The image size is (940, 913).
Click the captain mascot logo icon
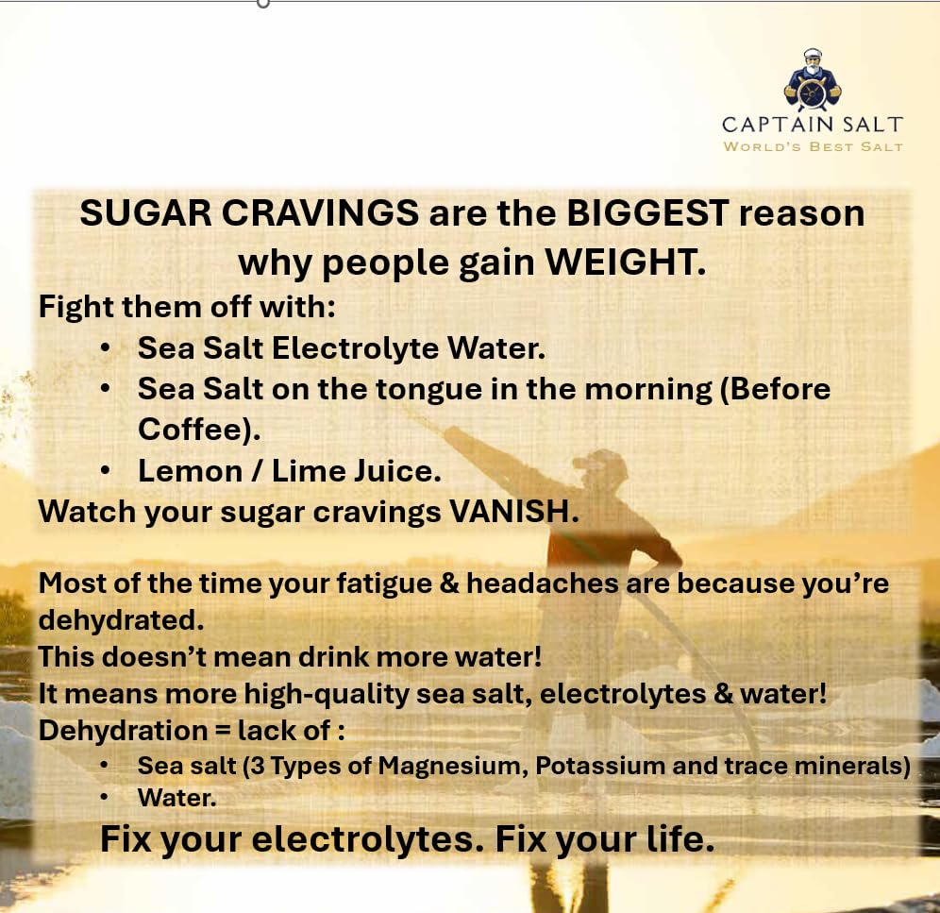pyautogui.click(x=813, y=80)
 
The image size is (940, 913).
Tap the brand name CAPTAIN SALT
pyautogui.click(x=813, y=125)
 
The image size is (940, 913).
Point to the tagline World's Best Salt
pyautogui.click(x=813, y=146)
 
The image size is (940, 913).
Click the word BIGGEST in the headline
pyautogui.click(x=647, y=213)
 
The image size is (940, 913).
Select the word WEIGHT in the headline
pyautogui.click(x=626, y=262)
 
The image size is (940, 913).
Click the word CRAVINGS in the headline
pyautogui.click(x=320, y=213)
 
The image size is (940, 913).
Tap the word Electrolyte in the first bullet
pyautogui.click(x=355, y=348)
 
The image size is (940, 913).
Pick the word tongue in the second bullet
pyautogui.click(x=429, y=390)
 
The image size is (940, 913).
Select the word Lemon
pyautogui.click(x=190, y=471)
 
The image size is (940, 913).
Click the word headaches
pyautogui.click(x=542, y=583)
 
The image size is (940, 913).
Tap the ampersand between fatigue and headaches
pyautogui.click(x=449, y=583)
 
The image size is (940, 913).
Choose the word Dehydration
pyautogui.click(x=123, y=731)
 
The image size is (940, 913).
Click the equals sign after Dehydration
pyautogui.click(x=222, y=731)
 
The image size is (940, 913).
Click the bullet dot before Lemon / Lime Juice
pyautogui.click(x=105, y=471)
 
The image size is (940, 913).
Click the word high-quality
pyautogui.click(x=326, y=695)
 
